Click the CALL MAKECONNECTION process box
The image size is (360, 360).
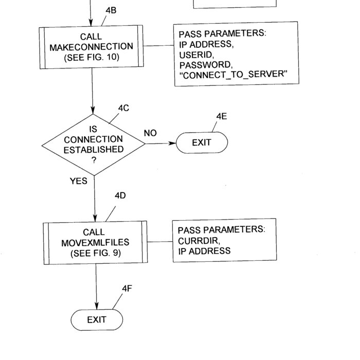click(x=92, y=47)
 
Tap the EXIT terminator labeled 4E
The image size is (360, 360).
click(x=202, y=142)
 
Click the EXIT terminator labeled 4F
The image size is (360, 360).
click(x=96, y=320)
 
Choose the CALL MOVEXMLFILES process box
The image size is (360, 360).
click(x=95, y=242)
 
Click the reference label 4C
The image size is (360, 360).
click(x=123, y=108)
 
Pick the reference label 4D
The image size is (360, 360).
click(x=120, y=196)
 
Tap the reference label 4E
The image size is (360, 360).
click(x=222, y=116)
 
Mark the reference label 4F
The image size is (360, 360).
click(x=127, y=289)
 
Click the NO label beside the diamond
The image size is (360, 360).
click(x=150, y=133)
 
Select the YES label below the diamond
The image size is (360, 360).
click(x=79, y=181)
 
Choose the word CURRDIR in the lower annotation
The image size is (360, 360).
click(x=199, y=241)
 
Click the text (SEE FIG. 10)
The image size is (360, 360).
click(x=92, y=57)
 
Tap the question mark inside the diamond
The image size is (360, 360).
click(x=93, y=160)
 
